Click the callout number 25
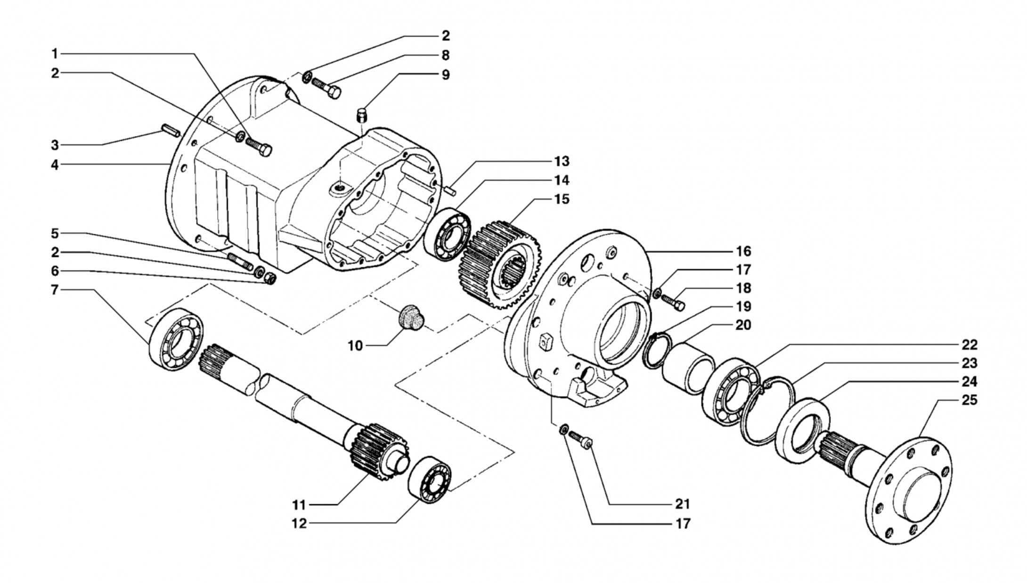pyautogui.click(x=970, y=400)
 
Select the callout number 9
pyautogui.click(x=446, y=75)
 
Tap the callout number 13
pyautogui.click(x=562, y=162)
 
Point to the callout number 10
pyautogui.click(x=355, y=346)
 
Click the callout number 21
pyautogui.click(x=683, y=504)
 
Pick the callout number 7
pyautogui.click(x=55, y=290)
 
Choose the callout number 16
pyautogui.click(x=743, y=251)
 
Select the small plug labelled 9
pyautogui.click(x=362, y=115)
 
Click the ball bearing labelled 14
pyautogui.click(x=447, y=234)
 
